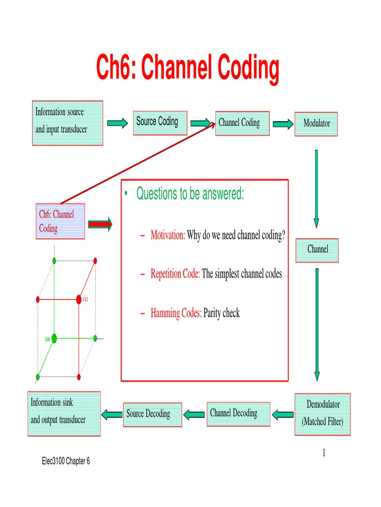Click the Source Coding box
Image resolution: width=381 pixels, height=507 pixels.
coord(160,122)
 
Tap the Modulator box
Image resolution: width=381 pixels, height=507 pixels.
coord(317,123)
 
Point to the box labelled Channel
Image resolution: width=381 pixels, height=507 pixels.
coord(317,250)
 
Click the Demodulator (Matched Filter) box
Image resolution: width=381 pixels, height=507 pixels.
coord(322,414)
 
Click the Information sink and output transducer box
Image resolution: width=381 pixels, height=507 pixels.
coord(63,414)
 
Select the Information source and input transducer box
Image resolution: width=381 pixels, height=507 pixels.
coord(67,123)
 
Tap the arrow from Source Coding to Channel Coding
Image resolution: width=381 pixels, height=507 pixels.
coord(201,123)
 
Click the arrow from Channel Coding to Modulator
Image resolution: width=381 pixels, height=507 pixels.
coord(283,124)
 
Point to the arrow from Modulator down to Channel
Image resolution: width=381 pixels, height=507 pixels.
coord(317,188)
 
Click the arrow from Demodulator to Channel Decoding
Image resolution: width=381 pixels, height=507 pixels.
coord(283,414)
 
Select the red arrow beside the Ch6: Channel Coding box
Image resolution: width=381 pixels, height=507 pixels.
coord(100,224)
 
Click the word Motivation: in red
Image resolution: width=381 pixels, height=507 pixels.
coord(168,236)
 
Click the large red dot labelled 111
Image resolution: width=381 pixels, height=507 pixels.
coord(79,299)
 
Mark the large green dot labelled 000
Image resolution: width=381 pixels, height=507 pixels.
coord(54,338)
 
